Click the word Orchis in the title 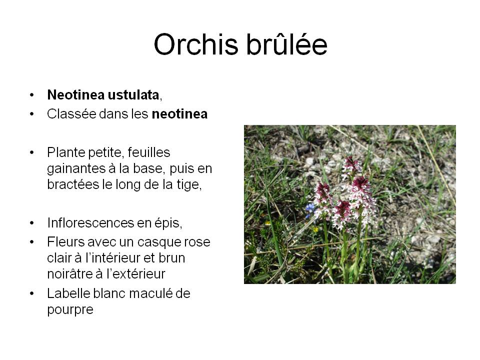click(196, 44)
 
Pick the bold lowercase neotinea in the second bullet click(179, 114)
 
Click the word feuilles click(148, 152)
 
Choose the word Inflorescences click(90, 223)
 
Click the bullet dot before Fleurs click(32, 242)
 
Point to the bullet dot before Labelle click(32, 293)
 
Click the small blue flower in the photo click(310, 209)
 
